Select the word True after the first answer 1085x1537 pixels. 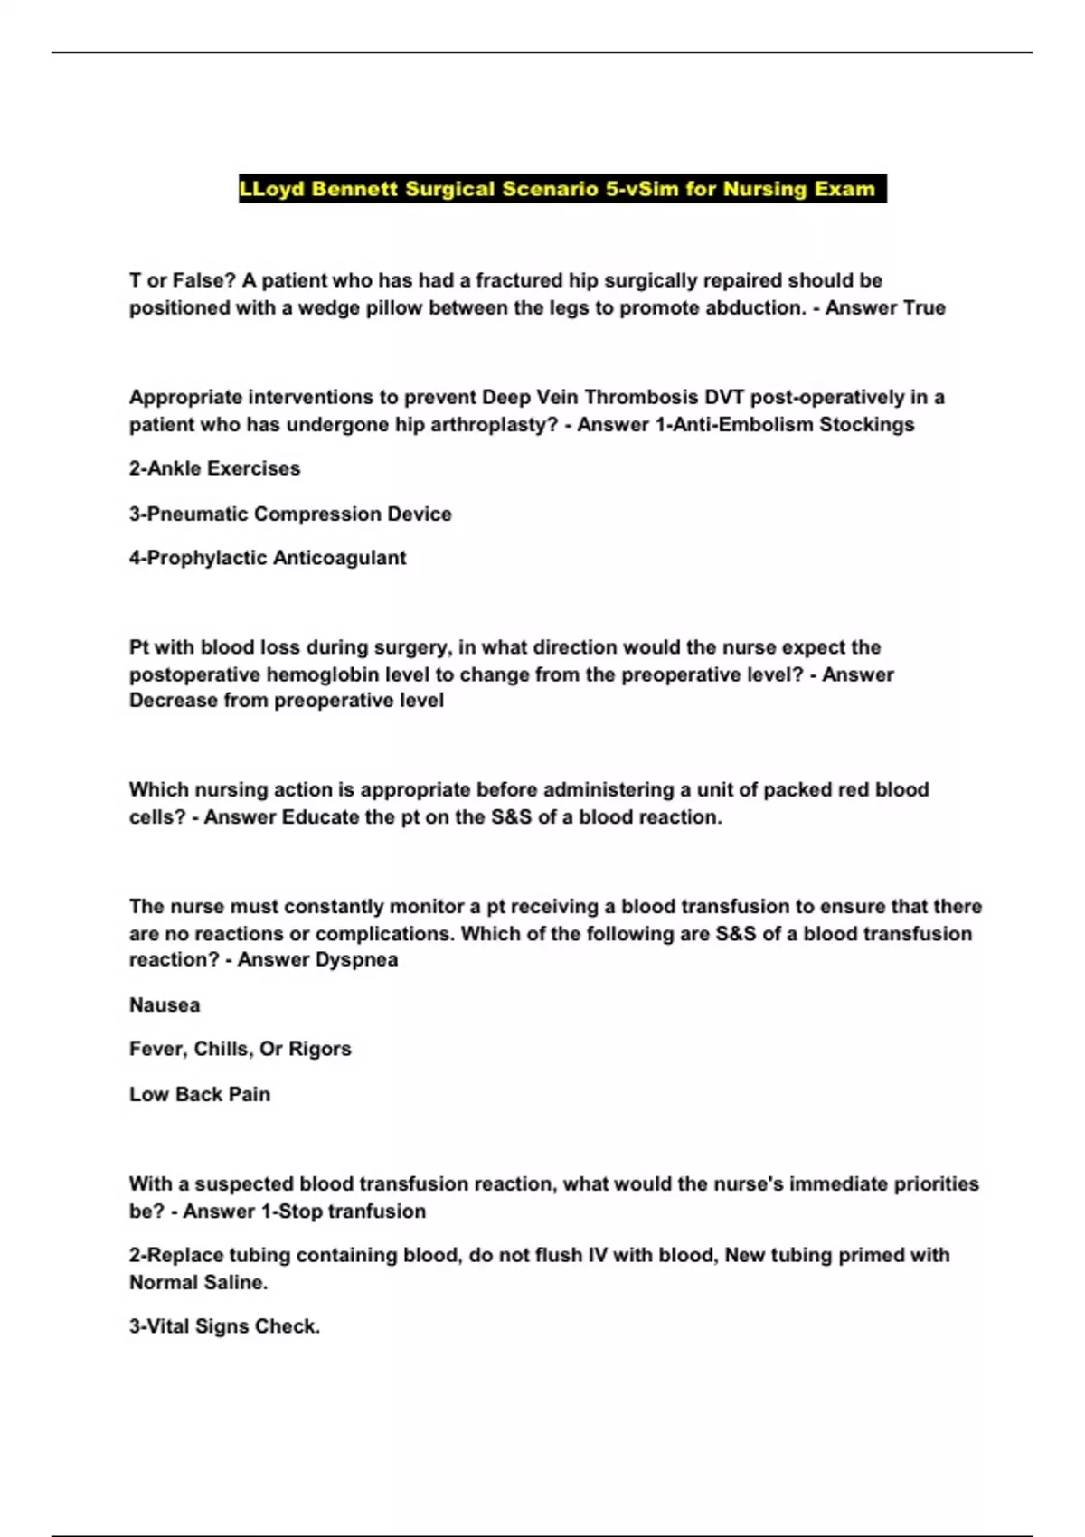[924, 308]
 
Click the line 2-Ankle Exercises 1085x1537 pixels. [214, 468]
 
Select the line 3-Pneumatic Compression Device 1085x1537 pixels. [290, 514]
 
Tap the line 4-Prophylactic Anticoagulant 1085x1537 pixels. [268, 558]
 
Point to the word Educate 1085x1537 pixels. [321, 817]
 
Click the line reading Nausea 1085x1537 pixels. [165, 1004]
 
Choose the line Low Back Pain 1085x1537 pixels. [200, 1094]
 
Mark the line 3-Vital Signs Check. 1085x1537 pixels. [224, 1326]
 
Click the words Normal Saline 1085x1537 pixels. [198, 1282]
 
